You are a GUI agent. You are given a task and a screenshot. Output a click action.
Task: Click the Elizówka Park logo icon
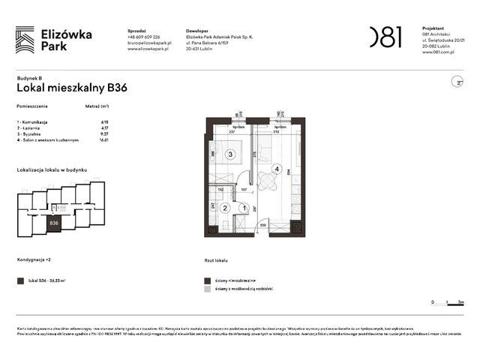(x=25, y=39)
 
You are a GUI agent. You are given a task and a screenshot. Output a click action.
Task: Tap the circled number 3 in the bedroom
(x=231, y=154)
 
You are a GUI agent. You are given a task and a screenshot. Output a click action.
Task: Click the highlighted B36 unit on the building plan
(x=53, y=222)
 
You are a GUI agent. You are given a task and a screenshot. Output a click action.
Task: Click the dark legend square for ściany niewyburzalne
(x=208, y=280)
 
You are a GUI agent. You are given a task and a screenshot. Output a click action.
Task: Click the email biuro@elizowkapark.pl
(x=149, y=43)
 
